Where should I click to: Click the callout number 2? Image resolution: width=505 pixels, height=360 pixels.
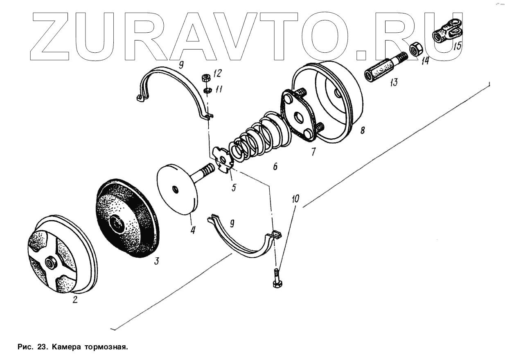(75, 300)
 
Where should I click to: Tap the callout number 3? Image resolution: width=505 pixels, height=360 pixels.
(157, 261)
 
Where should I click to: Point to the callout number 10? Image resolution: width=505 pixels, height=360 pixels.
(295, 199)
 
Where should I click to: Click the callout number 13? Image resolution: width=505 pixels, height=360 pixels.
(394, 83)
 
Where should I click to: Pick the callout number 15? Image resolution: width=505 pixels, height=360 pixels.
(457, 45)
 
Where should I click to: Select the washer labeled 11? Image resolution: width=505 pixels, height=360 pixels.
(207, 90)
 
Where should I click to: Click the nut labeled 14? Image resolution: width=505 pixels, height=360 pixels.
(416, 49)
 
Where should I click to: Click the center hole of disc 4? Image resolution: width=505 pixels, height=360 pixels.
(175, 189)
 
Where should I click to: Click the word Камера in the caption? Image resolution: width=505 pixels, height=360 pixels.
(66, 347)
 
